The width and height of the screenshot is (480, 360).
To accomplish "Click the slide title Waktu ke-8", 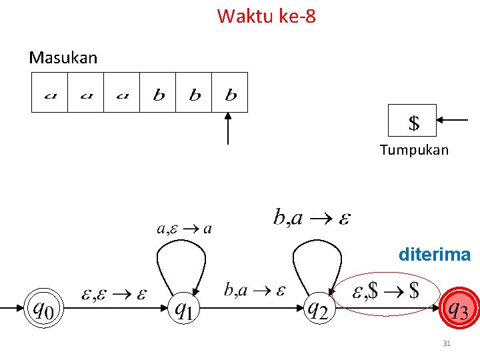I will [266, 15].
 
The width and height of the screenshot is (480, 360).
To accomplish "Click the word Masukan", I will [63, 58].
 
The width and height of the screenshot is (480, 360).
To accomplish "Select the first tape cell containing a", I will [50, 93].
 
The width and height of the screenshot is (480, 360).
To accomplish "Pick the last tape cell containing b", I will [230, 93].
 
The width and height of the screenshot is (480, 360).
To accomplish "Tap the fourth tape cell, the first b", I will [158, 93].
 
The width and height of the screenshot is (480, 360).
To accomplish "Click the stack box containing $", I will [413, 121].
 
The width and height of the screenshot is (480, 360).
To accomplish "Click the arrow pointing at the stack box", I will [455, 120].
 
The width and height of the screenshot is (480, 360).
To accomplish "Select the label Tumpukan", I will [414, 150].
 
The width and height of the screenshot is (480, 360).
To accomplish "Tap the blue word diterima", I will [434, 255].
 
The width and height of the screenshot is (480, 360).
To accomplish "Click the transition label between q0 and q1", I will [114, 293].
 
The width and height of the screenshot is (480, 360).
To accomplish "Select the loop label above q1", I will [184, 229].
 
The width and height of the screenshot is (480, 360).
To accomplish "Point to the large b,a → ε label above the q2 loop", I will [312, 217].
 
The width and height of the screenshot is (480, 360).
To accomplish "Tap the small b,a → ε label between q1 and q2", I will [255, 290].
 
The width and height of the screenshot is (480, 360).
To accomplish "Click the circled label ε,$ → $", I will [386, 291].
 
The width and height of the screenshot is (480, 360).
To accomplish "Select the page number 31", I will [447, 344].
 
